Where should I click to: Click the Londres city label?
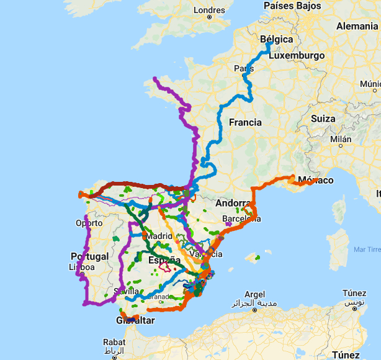coord(210,10)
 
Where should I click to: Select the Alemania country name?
coord(357,26)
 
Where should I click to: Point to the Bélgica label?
coord(276,39)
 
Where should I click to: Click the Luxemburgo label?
coord(297,55)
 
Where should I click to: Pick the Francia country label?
coord(245,122)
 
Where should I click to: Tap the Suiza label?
coord(323,119)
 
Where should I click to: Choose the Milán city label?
coord(341,139)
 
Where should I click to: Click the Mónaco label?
coord(315,181)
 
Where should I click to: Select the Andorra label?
coord(233,203)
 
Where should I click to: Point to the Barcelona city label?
coord(241,219)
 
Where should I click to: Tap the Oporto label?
coord(89,223)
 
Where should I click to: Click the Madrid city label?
coord(159,236)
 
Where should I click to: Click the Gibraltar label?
coord(135,320)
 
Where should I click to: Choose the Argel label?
coord(254,294)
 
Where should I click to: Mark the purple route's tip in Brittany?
coord(155,78)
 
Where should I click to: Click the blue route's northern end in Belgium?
coord(268,45)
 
